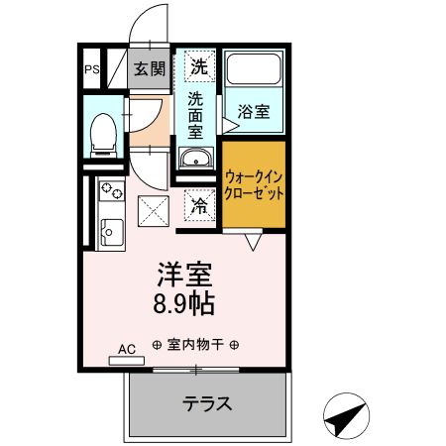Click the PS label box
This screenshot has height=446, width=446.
90,69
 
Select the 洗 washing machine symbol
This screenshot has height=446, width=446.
199,67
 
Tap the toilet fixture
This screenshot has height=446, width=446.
101,136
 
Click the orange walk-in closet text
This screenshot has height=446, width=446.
254,185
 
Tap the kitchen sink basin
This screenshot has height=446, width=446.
109,232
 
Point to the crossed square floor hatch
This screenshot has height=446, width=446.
154,209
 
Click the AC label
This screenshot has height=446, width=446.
126,349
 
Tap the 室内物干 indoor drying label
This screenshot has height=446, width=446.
194,346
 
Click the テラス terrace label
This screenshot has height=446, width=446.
206,403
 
